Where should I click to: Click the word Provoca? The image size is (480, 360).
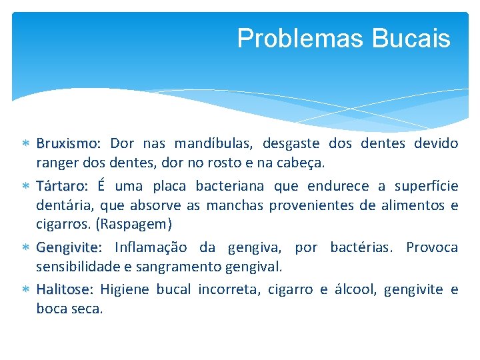(432, 248)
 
